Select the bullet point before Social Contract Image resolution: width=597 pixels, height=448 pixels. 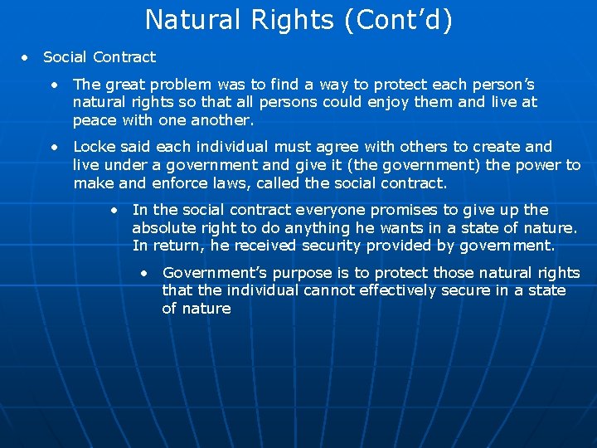(x=26, y=57)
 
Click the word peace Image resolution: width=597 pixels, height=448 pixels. (x=95, y=119)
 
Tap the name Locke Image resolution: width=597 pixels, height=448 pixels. (x=93, y=147)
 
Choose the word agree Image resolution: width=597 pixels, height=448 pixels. (x=337, y=147)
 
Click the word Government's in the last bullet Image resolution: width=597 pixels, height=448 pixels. (x=211, y=273)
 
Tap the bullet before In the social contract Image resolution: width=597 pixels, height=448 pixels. (x=114, y=210)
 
